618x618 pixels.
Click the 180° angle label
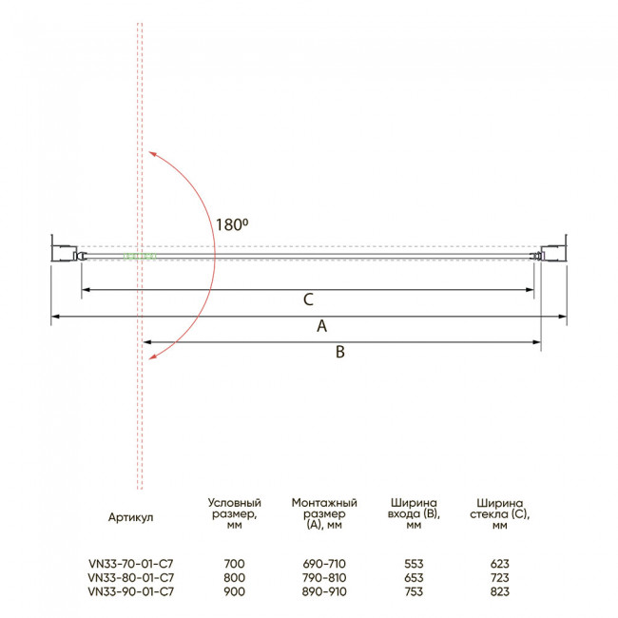[x=232, y=224]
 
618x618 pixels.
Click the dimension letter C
[x=308, y=299]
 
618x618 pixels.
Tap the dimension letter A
[x=322, y=326]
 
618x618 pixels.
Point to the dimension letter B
[x=340, y=352]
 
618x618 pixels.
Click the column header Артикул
[x=130, y=517]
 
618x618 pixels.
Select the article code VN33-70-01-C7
[x=131, y=564]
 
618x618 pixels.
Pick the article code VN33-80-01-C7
[x=131, y=577]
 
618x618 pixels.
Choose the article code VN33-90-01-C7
[x=131, y=591]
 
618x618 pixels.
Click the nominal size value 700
[x=234, y=564]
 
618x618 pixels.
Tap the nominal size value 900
[x=234, y=591]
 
